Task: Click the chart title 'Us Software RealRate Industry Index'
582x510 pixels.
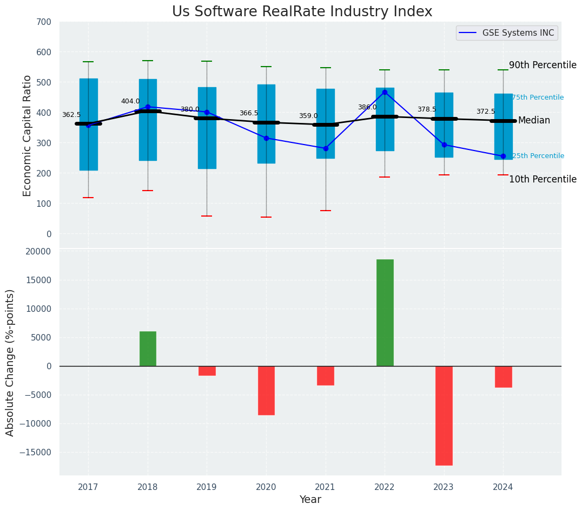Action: (302, 12)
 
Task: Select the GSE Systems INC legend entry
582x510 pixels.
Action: (507, 33)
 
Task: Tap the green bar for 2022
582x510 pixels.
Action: (385, 312)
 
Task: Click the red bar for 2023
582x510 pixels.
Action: (444, 415)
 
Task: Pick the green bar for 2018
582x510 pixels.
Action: (148, 348)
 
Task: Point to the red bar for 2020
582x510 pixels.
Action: (266, 390)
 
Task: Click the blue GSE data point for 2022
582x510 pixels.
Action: (385, 92)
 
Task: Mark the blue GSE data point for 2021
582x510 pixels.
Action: (326, 148)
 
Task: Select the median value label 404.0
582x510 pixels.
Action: (130, 101)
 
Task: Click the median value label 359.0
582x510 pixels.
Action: (308, 116)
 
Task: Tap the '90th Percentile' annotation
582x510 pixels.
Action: (543, 65)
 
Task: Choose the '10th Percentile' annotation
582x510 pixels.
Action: (543, 179)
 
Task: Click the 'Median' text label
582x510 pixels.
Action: (534, 121)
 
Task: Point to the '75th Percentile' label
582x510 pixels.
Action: (538, 97)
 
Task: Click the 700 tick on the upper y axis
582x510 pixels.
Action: (44, 22)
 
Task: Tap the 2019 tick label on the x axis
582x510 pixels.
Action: (207, 487)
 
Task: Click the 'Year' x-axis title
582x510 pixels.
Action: (310, 500)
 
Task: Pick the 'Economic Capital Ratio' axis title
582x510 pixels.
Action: (28, 135)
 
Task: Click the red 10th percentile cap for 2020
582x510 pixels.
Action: (266, 217)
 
